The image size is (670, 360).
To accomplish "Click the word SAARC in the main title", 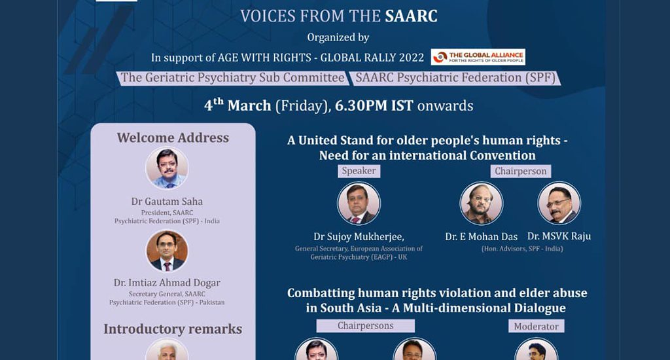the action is coord(411,16).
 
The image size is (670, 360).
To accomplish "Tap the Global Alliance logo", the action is coord(478,57).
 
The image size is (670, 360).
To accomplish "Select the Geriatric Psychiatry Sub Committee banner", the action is coord(232,78).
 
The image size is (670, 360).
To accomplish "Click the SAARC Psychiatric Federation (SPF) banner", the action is coord(455,78).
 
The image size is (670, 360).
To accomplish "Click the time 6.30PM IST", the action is coord(374,105).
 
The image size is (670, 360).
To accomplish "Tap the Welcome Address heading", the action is coord(173,137).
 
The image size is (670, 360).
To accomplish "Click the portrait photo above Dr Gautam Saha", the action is coord(167,168).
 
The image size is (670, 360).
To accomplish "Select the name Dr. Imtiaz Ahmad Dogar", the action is coord(167,283).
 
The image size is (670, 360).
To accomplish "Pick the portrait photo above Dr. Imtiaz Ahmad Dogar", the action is coord(167,251).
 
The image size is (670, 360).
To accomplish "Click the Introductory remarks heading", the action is coord(173,329).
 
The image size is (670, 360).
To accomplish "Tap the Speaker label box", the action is coord(359,171).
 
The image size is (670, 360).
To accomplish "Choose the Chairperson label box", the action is coord(520,171).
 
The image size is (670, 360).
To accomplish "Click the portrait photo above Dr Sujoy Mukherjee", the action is coord(359,204).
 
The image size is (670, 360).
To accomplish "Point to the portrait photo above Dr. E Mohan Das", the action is coord(482,204).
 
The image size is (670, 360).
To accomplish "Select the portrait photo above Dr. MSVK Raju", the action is coord(559,204).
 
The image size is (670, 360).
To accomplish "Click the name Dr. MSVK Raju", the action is coord(559,236).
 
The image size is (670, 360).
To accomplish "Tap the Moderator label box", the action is coord(537,326).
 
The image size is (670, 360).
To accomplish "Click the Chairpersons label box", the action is coord(365,326).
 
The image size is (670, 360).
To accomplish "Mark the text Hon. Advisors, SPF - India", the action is coord(522,249).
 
